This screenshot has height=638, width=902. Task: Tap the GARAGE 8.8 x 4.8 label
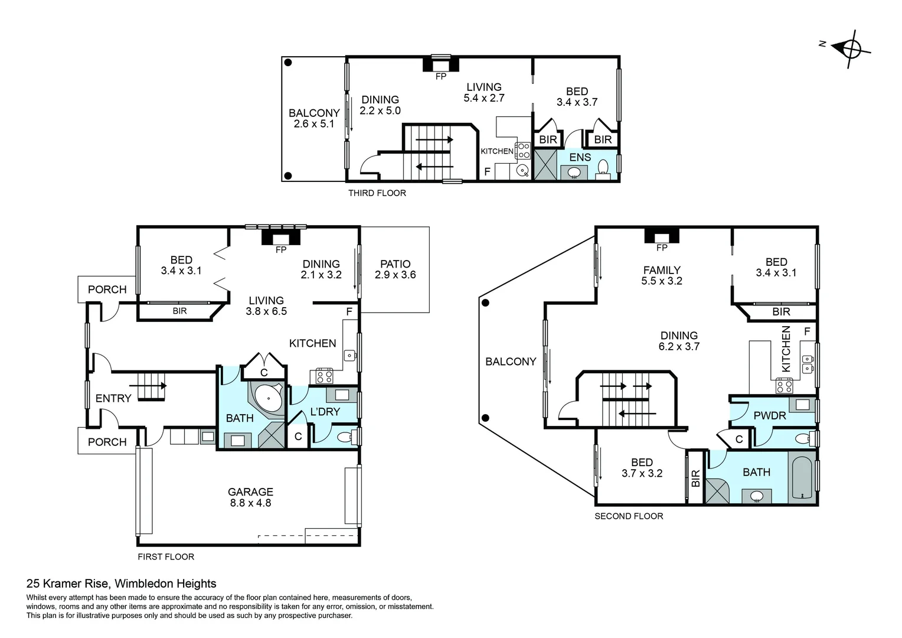coord(250,497)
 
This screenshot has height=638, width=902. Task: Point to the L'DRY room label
coord(325,412)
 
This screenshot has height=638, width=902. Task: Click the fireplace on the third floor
coord(440,63)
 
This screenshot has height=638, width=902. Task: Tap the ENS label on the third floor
coord(580,158)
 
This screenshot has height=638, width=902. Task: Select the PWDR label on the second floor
coord(769,416)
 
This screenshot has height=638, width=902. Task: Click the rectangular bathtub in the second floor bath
coord(802,479)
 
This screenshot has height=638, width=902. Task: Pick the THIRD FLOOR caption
coord(377,193)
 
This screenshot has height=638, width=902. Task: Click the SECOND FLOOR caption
coord(628,516)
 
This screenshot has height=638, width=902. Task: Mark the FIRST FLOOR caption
coord(165,557)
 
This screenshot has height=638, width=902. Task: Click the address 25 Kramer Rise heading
coord(121,584)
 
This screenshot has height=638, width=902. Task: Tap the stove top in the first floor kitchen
coord(324,376)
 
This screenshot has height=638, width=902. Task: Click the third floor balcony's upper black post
coord(288,63)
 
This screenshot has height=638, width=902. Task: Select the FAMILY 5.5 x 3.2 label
coord(661,276)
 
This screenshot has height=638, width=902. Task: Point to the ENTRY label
coord(113,399)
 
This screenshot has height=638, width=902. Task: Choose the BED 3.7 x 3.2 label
coord(642,468)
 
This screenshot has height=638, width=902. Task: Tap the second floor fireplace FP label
coord(661,248)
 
